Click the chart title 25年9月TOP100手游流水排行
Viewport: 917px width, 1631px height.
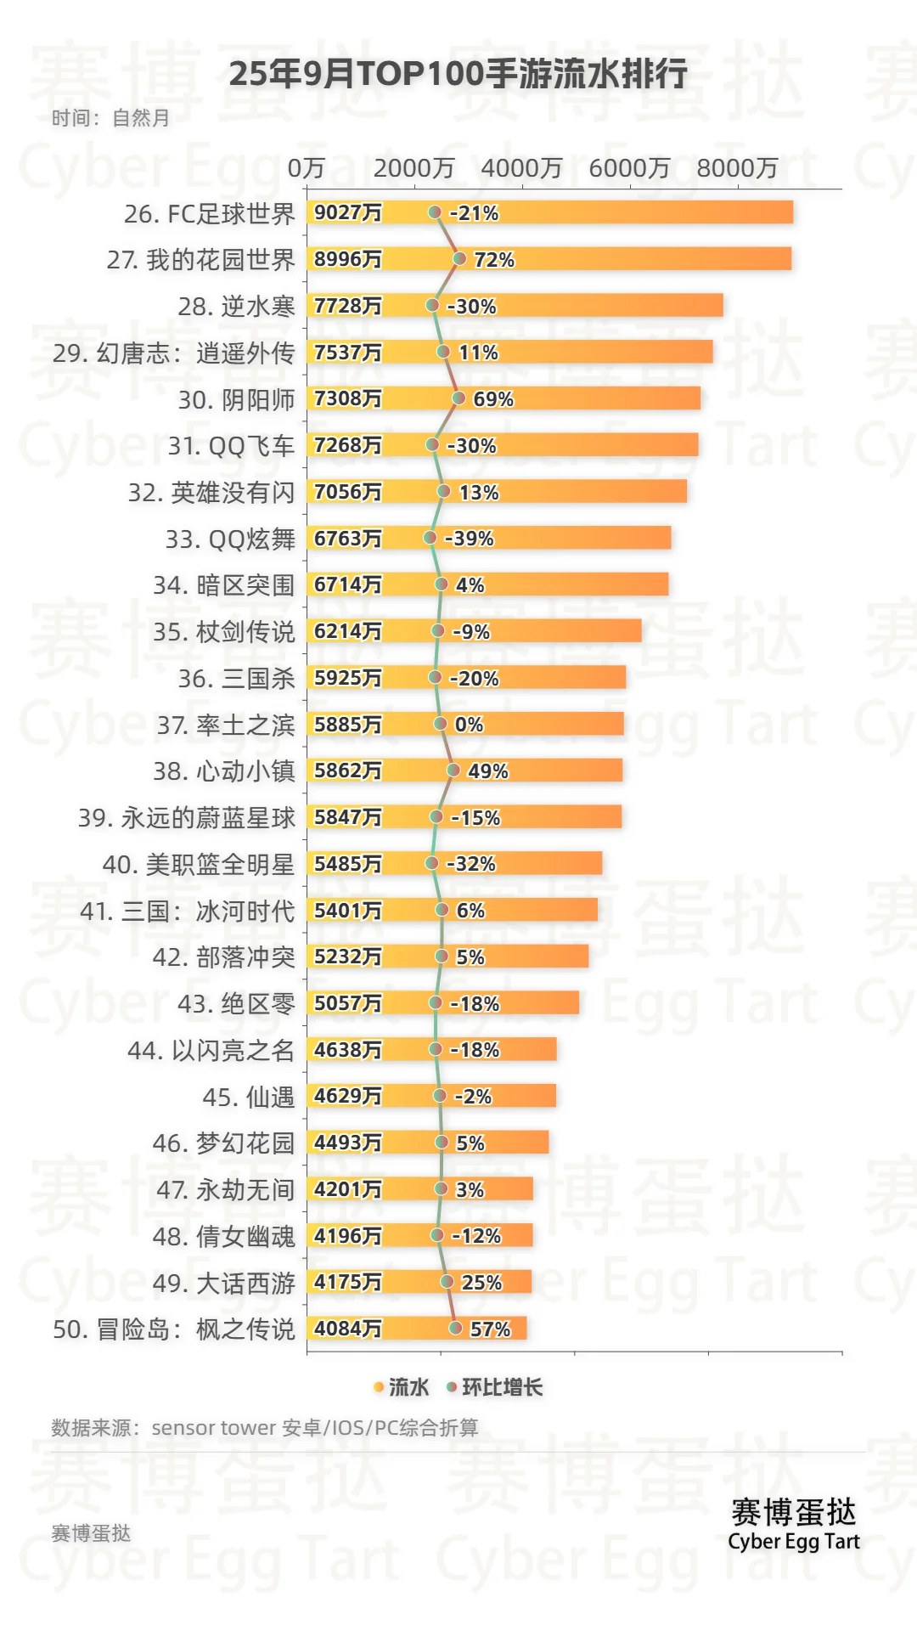(458, 74)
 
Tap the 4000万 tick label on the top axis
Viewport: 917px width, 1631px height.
(521, 168)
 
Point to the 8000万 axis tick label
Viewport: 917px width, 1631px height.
(737, 168)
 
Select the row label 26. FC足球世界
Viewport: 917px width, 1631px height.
(210, 214)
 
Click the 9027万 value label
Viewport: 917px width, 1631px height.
(348, 212)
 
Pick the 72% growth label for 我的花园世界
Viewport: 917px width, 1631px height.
(494, 260)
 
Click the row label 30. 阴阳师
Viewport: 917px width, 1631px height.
(236, 400)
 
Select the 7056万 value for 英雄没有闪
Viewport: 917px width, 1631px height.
(348, 492)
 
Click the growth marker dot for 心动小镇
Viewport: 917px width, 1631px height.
(453, 770)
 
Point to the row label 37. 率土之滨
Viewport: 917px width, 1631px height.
(226, 725)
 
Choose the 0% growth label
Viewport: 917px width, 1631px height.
(469, 725)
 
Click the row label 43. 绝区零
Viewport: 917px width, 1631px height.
(236, 1004)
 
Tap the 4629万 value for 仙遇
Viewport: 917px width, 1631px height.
(348, 1096)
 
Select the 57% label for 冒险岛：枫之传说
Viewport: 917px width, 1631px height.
(490, 1329)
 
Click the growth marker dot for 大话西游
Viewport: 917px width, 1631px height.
(447, 1282)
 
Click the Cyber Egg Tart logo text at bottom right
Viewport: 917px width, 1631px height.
(794, 1542)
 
